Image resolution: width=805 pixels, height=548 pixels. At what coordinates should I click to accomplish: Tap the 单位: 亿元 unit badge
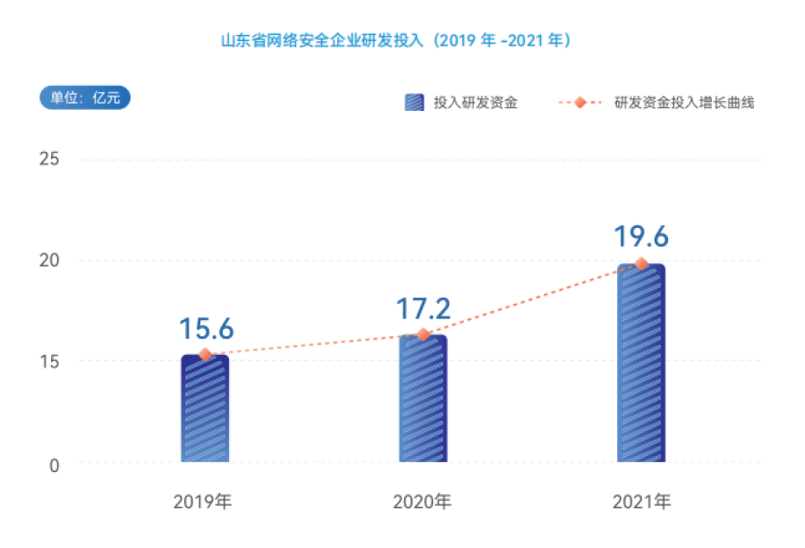pos(85,98)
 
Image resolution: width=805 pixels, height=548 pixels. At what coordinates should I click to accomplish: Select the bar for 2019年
pos(205,409)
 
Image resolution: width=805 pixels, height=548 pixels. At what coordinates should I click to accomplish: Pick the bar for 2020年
pos(423,399)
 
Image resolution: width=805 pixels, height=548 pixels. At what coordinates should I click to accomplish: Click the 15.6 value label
pos(206,329)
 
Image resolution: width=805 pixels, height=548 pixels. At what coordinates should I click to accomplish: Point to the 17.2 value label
pos(423,309)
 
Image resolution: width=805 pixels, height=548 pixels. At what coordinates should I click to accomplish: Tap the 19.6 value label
pos(641,237)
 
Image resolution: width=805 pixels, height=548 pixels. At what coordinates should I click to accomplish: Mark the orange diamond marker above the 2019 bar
pos(205,355)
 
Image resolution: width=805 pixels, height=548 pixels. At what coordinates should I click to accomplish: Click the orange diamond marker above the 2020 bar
pos(423,334)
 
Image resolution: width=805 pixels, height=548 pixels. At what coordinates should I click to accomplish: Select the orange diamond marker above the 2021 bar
pos(641,264)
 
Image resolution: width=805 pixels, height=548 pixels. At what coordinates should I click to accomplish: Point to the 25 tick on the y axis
pos(49,159)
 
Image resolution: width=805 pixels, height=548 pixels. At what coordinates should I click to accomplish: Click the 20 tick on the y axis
pos(49,260)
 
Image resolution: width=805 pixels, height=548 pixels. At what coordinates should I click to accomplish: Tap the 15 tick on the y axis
pos(49,361)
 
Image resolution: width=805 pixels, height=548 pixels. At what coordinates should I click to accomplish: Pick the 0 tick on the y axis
pos(54,465)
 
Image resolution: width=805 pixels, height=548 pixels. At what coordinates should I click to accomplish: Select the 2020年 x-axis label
pos(422,500)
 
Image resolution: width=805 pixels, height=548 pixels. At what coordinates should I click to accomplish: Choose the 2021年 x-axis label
pos(641,500)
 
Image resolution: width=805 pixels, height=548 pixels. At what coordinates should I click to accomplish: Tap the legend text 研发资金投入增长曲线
pos(684,103)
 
